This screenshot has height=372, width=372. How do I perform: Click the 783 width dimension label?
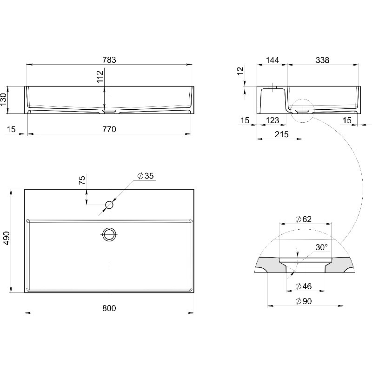tap(109, 60)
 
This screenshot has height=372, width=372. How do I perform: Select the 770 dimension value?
tap(109, 129)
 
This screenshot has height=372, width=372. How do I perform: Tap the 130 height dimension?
tap(4, 100)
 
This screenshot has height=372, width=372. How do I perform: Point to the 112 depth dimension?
tap(100, 76)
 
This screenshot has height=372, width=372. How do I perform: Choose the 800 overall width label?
tap(109, 308)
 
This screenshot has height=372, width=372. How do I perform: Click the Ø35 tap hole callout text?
tap(146, 176)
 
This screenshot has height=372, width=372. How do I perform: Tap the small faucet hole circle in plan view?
tap(109, 205)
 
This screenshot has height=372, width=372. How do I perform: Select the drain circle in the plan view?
tap(109, 234)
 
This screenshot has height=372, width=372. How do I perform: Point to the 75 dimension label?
tap(82, 180)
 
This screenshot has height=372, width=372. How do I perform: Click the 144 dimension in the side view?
tap(272, 60)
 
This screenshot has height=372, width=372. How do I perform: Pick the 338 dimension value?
tap(322, 60)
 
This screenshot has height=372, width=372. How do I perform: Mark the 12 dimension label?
tap(240, 71)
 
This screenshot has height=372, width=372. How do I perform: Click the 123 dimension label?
tap(272, 120)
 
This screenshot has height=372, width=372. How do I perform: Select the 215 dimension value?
tap(282, 134)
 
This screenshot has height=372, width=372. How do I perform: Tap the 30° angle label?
tap(322, 247)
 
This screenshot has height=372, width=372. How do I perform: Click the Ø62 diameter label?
tap(304, 219)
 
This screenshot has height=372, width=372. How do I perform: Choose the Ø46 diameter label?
tap(304, 286)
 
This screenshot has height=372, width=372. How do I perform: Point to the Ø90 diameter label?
tap(304, 301)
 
